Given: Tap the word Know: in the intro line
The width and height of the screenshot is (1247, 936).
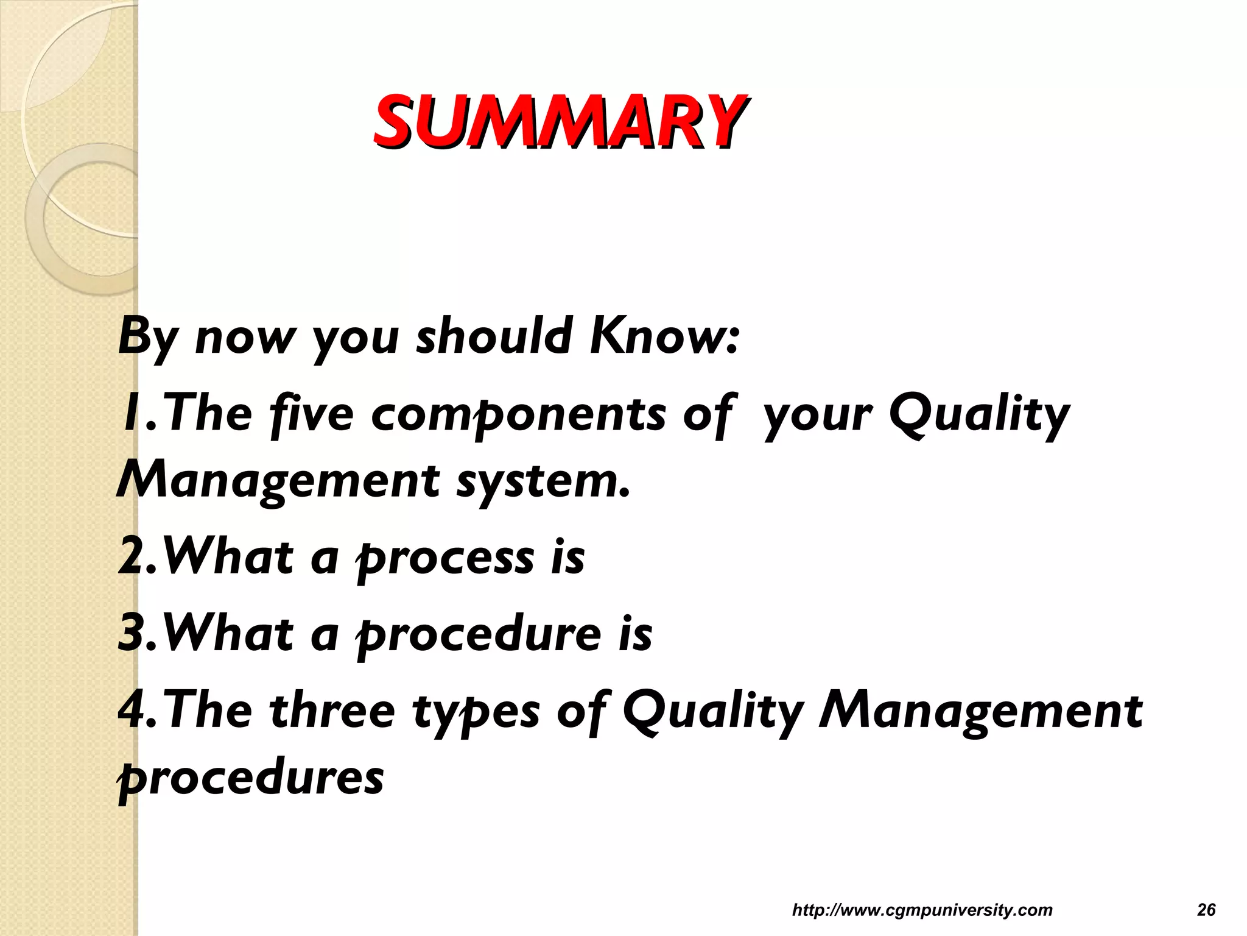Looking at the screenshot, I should [664, 336].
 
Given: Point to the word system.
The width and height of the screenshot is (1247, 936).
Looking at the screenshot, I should [543, 481].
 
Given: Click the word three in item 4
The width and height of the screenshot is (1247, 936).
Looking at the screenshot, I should [332, 711].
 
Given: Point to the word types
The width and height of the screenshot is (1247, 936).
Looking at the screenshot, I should [476, 711].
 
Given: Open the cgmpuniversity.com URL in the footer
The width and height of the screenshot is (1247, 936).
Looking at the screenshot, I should [922, 910].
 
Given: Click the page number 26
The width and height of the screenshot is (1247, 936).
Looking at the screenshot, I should [1206, 910].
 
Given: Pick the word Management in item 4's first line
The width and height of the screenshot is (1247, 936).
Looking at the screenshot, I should [980, 711].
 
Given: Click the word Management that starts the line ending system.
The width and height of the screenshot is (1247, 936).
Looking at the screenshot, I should [278, 481].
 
